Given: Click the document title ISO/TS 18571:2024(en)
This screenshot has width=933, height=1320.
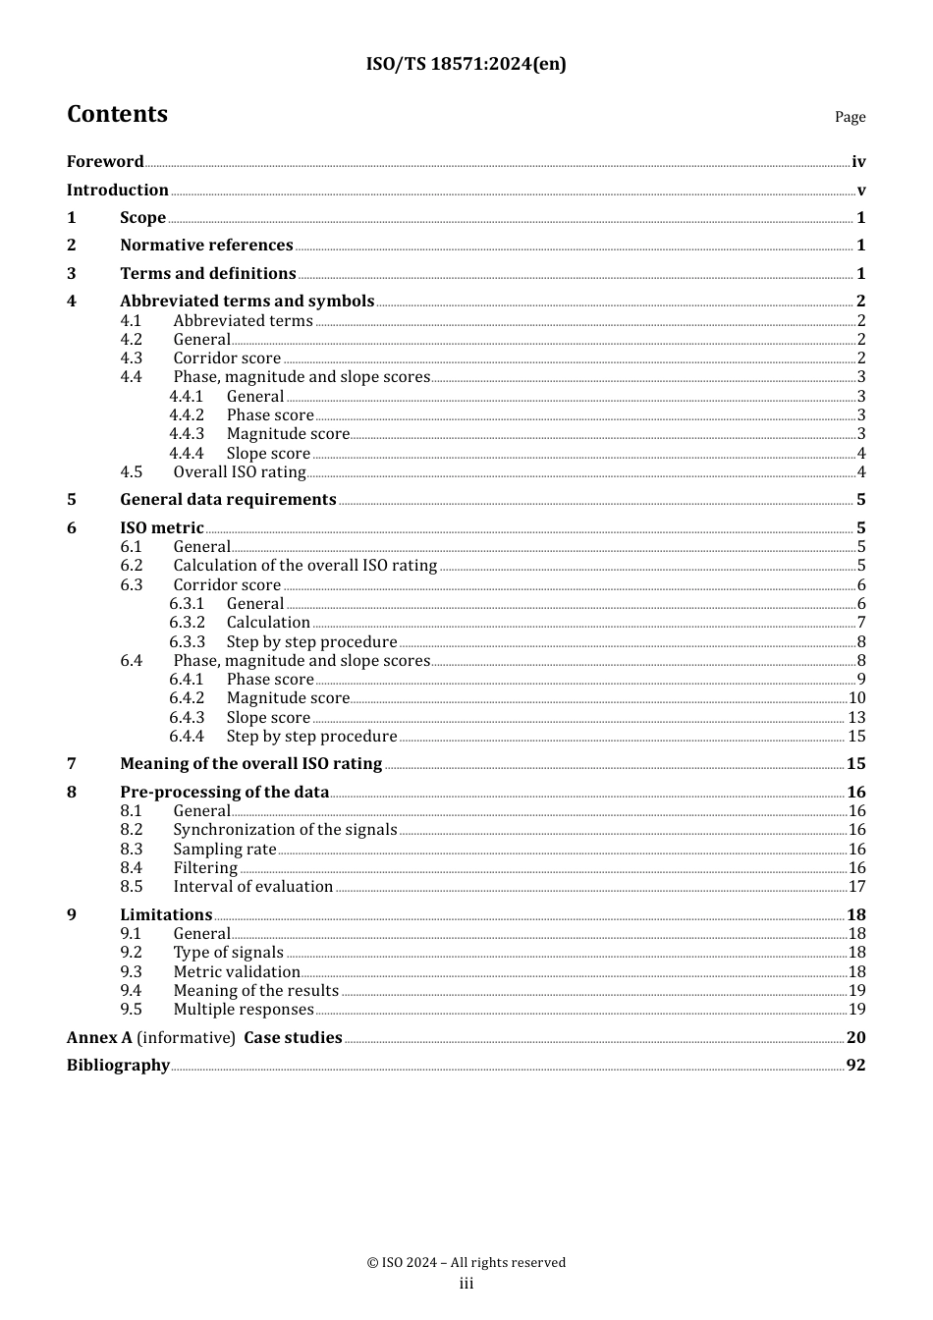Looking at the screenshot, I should [x=466, y=65].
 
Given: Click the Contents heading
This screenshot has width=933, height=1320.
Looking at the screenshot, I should [x=117, y=114].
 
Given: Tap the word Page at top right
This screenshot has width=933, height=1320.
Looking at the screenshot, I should [x=850, y=117].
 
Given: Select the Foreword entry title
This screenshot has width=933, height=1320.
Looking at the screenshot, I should [x=105, y=162].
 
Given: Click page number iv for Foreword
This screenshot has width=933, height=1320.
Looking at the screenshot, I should [x=858, y=162].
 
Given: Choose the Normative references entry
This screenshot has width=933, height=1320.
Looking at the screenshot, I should [x=206, y=246].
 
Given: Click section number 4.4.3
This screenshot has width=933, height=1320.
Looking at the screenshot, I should [x=187, y=434].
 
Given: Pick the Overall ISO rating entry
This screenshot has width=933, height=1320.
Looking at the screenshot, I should [x=240, y=472].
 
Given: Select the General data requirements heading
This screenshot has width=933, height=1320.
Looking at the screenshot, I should [x=228, y=500].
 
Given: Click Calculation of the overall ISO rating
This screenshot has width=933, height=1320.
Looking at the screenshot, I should [x=304, y=566].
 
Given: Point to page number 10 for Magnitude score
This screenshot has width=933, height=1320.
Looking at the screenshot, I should [x=856, y=698].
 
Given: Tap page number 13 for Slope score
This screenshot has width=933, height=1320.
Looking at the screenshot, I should [x=856, y=718].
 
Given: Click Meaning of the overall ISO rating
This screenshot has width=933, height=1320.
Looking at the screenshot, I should [x=250, y=764].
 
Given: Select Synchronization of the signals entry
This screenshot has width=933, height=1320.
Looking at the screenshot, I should [x=285, y=830].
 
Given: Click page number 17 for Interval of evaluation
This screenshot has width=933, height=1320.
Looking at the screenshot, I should [x=856, y=887].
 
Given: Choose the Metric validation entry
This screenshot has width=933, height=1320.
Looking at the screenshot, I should [x=237, y=972].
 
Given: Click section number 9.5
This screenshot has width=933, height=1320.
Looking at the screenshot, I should [x=132, y=1010].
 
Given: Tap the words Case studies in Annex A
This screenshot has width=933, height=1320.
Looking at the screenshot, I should [x=293, y=1038].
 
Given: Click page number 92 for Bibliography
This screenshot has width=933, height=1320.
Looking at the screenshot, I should [x=855, y=1066].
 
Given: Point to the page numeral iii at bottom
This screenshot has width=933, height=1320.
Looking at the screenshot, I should [x=466, y=1284].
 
